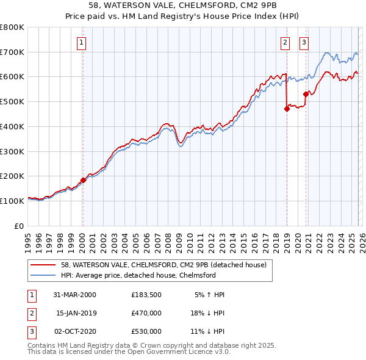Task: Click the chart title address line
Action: [x=182, y=5]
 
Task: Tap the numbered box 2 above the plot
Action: [x=285, y=42]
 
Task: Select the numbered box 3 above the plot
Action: [x=304, y=42]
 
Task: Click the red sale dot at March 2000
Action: [x=83, y=180]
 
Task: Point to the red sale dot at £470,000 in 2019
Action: [x=286, y=109]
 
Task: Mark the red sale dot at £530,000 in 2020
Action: [x=306, y=94]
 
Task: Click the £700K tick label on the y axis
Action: [x=12, y=52]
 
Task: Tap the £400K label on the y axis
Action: [x=12, y=126]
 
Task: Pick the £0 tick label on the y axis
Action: [x=18, y=226]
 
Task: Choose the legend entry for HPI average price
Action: [x=138, y=276]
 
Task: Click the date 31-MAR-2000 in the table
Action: [x=75, y=295]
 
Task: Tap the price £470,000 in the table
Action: [x=146, y=313]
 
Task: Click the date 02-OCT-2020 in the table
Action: [x=75, y=331]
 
